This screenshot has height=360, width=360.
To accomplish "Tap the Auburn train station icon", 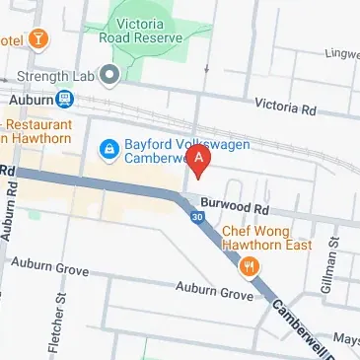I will (x=64, y=99).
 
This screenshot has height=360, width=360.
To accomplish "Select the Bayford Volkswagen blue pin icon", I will (x=109, y=148).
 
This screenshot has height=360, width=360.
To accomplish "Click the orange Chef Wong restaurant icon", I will (x=251, y=264).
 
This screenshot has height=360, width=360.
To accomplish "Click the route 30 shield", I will (x=199, y=217).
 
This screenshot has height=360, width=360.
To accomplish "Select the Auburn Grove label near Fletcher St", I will (x=48, y=265).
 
